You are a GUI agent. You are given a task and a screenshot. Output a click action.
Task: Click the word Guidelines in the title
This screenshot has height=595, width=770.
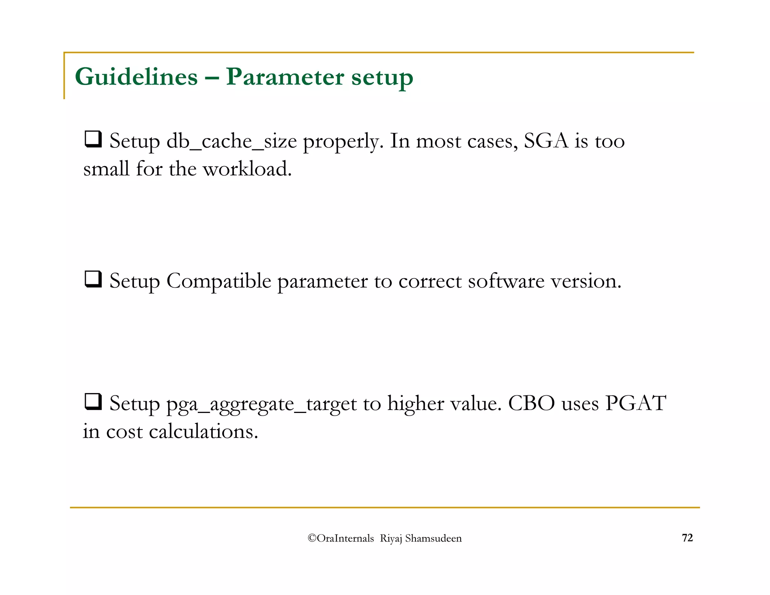pyautogui.click(x=136, y=77)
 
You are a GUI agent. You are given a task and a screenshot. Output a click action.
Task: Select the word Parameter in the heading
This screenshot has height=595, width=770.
pyautogui.click(x=285, y=77)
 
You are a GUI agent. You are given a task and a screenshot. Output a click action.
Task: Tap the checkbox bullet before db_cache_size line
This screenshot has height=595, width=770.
pyautogui.click(x=93, y=139)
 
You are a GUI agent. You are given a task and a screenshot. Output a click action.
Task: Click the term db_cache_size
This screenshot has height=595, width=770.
pyautogui.click(x=231, y=141)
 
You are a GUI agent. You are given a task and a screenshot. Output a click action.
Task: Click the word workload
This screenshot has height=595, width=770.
pyautogui.click(x=247, y=168)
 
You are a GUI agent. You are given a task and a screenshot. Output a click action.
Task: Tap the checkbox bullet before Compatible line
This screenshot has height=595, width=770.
pyautogui.click(x=93, y=279)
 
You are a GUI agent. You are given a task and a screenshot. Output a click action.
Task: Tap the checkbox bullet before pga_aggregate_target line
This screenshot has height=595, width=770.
pyautogui.click(x=93, y=402)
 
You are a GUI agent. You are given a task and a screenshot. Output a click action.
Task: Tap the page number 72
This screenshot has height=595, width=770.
pyautogui.click(x=687, y=538)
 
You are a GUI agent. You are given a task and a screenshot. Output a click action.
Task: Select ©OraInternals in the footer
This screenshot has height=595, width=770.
pyautogui.click(x=341, y=538)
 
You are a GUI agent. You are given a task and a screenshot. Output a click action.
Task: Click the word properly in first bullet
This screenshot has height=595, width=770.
pyautogui.click(x=343, y=141)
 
